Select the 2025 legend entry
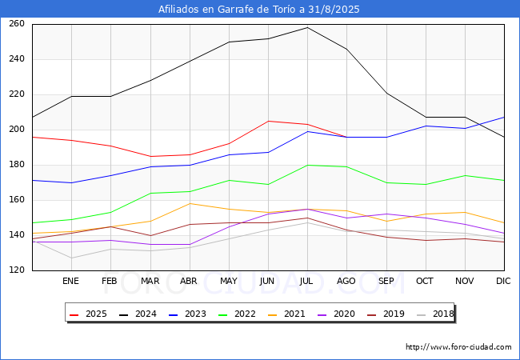click(x=88, y=314)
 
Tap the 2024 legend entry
click(x=138, y=314)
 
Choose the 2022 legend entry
click(x=237, y=314)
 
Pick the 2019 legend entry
click(x=386, y=314)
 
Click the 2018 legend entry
click(x=435, y=314)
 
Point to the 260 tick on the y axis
click(x=17, y=24)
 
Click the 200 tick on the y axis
click(x=17, y=130)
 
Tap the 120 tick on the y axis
click(x=17, y=270)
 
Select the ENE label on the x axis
click(x=70, y=281)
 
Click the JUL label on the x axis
click(x=306, y=281)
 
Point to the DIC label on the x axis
click(x=503, y=281)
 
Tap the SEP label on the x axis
click(x=386, y=281)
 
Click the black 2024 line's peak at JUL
click(x=307, y=27)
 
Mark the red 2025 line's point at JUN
click(x=268, y=121)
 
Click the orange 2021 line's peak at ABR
click(x=190, y=203)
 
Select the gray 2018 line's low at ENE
click(x=72, y=258)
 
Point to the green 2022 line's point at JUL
click(x=307, y=165)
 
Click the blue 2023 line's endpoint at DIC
click(x=505, y=117)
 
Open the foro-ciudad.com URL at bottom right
click(x=458, y=347)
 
